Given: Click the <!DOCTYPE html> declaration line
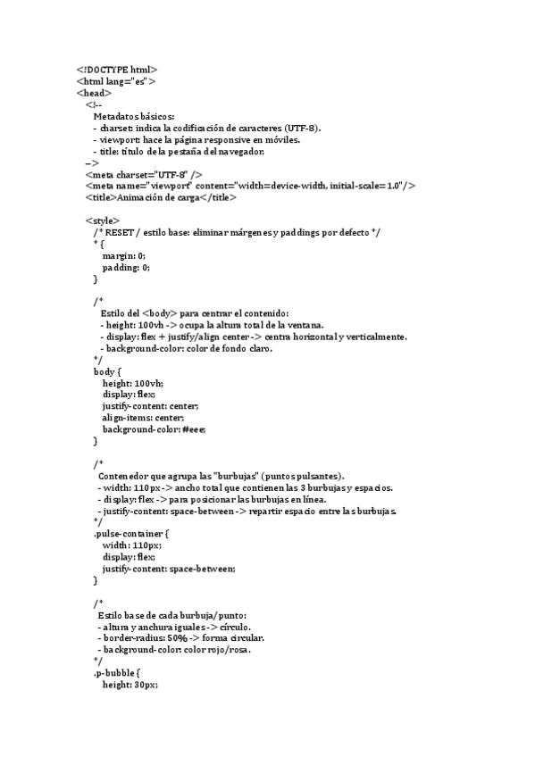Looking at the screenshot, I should tap(117, 70).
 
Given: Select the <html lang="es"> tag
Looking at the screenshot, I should tap(116, 81).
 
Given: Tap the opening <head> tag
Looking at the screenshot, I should tap(94, 93).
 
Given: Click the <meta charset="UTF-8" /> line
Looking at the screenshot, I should tap(144, 174).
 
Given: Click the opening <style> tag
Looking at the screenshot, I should tap(103, 220).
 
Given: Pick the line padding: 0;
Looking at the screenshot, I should tap(126, 267).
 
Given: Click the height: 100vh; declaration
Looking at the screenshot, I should tap(133, 383).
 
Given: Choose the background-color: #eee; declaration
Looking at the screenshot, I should tap(154, 429).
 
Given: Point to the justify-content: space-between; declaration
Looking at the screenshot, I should tap(169, 569).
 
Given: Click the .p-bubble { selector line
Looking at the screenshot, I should tap(117, 673).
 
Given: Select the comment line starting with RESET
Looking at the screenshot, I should tap(237, 232).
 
